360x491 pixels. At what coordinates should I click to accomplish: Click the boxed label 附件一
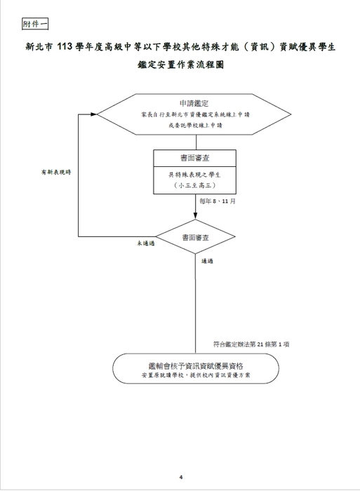click(35, 24)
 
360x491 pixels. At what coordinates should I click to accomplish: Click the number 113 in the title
click(65, 47)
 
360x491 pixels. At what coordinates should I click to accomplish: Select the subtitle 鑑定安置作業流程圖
click(180, 65)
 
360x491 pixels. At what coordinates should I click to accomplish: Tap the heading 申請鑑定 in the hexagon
click(194, 103)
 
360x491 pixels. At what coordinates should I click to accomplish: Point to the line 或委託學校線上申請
click(195, 126)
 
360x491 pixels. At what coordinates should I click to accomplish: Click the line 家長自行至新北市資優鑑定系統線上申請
click(195, 114)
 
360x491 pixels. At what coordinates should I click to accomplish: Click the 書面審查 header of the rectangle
click(195, 158)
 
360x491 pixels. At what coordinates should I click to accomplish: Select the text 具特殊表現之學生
click(194, 175)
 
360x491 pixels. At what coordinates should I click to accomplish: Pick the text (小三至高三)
click(194, 185)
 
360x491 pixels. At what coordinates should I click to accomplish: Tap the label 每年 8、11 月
click(218, 201)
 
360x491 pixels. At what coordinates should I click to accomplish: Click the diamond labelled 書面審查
click(196, 237)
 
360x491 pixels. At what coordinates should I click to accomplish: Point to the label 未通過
click(146, 243)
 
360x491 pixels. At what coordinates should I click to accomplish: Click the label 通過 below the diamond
click(207, 261)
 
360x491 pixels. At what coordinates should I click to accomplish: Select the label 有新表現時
click(56, 173)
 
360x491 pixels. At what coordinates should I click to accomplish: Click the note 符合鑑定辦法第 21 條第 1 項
click(251, 344)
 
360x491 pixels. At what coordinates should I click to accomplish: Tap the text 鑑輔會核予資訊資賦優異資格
click(196, 365)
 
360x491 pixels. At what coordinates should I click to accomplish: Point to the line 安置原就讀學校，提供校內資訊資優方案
click(196, 375)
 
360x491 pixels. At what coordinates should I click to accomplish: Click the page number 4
click(181, 477)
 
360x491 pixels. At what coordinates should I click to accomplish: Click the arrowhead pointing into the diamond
click(196, 216)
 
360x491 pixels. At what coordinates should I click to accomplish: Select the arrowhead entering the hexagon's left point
click(93, 114)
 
